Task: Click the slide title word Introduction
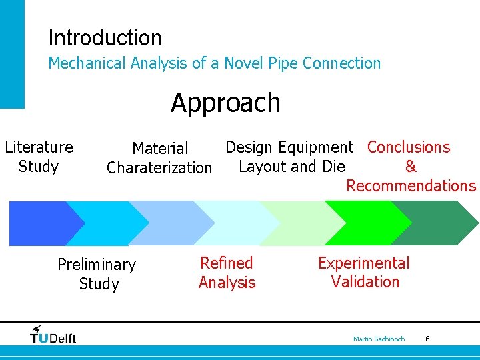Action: point(105,38)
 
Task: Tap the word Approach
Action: point(225,103)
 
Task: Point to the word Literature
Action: point(39,147)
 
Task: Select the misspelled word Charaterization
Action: point(159,168)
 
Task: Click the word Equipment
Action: point(316,147)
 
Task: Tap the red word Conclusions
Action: point(409,147)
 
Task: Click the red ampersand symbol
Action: point(411,167)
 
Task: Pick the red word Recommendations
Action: point(411,186)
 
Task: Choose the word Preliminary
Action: point(97,265)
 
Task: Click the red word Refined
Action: point(227,263)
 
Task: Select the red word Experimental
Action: point(364,263)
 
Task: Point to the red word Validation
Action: point(365,282)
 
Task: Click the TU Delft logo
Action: point(53,335)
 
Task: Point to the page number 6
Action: point(427,339)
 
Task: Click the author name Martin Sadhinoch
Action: point(379,339)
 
